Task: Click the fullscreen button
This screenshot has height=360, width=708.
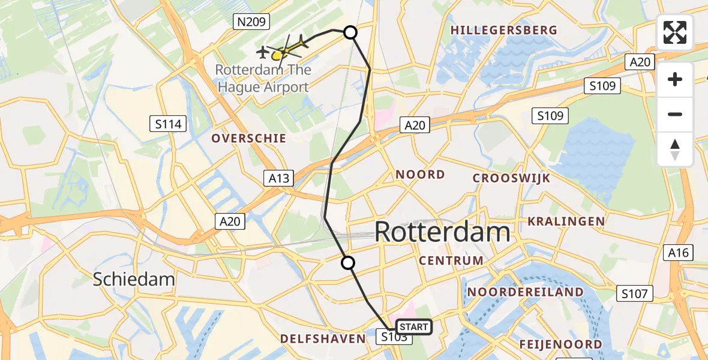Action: pos(675,32)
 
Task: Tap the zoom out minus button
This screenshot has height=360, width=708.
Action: pos(675,114)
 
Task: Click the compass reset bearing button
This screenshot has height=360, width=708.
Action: pos(675,149)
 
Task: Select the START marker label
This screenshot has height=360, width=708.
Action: pos(413,327)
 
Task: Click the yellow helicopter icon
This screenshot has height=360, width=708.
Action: pos(278,55)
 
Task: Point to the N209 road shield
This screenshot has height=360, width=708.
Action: pos(251,22)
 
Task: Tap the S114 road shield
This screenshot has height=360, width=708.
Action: pos(168,124)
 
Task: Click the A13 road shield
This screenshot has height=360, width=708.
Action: pos(279,178)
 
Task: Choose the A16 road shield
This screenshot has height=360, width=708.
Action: pos(680,253)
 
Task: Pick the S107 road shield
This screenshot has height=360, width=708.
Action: pos(635,293)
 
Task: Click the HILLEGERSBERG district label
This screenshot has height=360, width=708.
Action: pos(504,30)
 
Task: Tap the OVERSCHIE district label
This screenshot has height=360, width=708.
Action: pos(248,138)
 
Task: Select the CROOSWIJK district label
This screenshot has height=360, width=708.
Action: pos(511,178)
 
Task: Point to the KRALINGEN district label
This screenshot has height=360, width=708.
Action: pos(566,221)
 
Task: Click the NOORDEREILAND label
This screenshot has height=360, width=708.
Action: pos(525,292)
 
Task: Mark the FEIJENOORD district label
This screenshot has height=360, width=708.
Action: pos(561,344)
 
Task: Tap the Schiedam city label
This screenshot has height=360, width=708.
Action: pos(134,278)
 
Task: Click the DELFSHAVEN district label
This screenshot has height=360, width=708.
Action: pos(323,339)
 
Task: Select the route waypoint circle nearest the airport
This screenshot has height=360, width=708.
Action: pos(350,32)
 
